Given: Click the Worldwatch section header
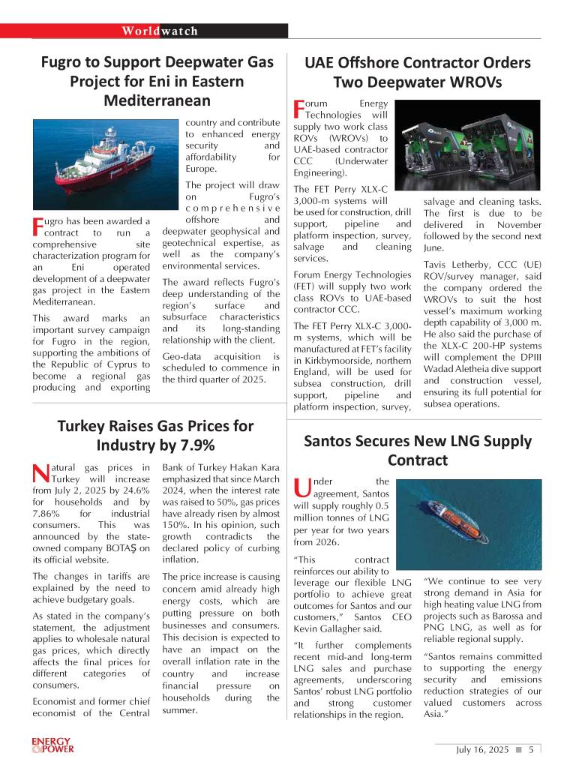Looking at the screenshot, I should [x=160, y=31].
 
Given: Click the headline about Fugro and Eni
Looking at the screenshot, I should [x=157, y=81].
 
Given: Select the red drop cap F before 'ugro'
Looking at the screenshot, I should [x=38, y=226].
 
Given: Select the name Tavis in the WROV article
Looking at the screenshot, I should [x=437, y=265].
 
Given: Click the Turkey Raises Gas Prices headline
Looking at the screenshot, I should [x=155, y=435].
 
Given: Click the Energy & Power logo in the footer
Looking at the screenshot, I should [x=52, y=745].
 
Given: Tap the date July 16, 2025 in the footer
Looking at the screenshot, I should [x=482, y=749].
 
